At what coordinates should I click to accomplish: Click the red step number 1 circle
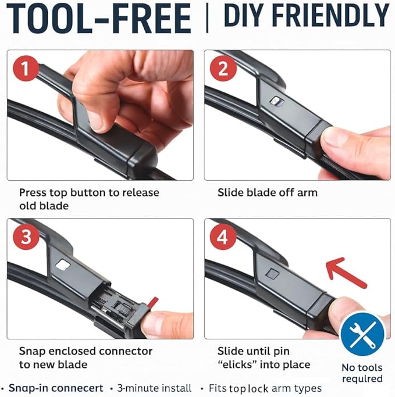point(26,69)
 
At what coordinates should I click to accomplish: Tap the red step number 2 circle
point(223,69)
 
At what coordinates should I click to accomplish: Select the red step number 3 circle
point(26,237)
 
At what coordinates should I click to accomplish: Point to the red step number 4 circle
point(223,237)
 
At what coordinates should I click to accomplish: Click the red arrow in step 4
point(346,273)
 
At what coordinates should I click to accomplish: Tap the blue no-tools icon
point(362,334)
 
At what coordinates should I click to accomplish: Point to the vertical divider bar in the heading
point(207,18)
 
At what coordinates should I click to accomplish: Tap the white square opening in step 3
point(63,265)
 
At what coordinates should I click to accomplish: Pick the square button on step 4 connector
point(272,273)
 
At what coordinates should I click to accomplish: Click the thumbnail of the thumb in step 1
point(96,121)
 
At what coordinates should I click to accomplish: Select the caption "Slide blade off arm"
point(268,192)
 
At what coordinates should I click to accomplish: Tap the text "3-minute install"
point(154,388)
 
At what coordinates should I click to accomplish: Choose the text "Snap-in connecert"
point(56,388)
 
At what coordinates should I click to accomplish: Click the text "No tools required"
point(362,373)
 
